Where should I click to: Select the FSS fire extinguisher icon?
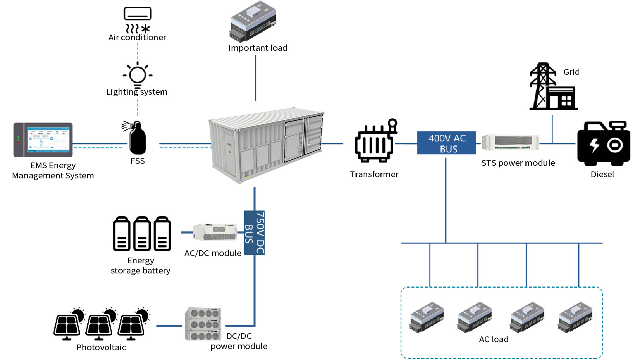[x=137, y=138]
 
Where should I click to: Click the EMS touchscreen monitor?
[x=43, y=140]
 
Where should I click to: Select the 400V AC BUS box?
[x=446, y=143]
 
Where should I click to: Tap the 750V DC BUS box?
[x=255, y=232]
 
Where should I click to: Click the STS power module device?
[x=510, y=143]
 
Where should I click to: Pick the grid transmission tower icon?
[x=543, y=86]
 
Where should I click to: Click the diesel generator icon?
[x=603, y=144]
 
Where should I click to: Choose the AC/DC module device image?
[x=215, y=232]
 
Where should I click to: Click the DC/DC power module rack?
[x=204, y=324]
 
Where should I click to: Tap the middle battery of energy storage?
[x=142, y=234]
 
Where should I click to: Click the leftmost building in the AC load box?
[x=427, y=317]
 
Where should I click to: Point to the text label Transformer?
[x=374, y=174]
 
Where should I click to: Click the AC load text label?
[x=494, y=339]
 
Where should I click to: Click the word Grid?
[x=571, y=72]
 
